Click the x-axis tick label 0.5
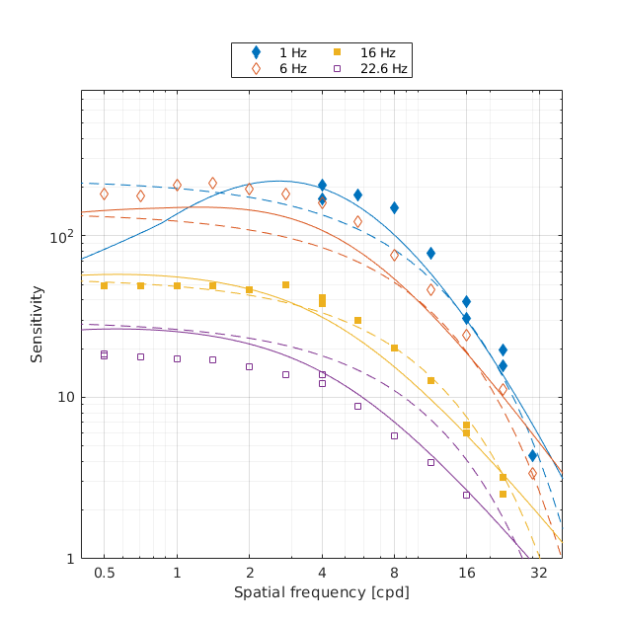tap(104, 573)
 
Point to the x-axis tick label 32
tap(539, 573)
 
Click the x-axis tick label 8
tap(394, 573)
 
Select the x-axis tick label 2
tap(249, 573)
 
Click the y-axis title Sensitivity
tap(37, 324)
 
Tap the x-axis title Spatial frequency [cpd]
tap(321, 592)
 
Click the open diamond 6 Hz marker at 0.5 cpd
tap(104, 194)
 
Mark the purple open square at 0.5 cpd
tap(104, 354)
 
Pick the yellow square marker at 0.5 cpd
tap(104, 285)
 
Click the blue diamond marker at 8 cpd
tap(394, 207)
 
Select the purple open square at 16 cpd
tap(466, 495)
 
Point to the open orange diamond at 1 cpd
tap(177, 185)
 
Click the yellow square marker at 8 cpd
tap(394, 348)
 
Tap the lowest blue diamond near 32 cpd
tap(532, 455)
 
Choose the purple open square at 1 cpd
tap(177, 358)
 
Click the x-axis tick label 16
tap(466, 573)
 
